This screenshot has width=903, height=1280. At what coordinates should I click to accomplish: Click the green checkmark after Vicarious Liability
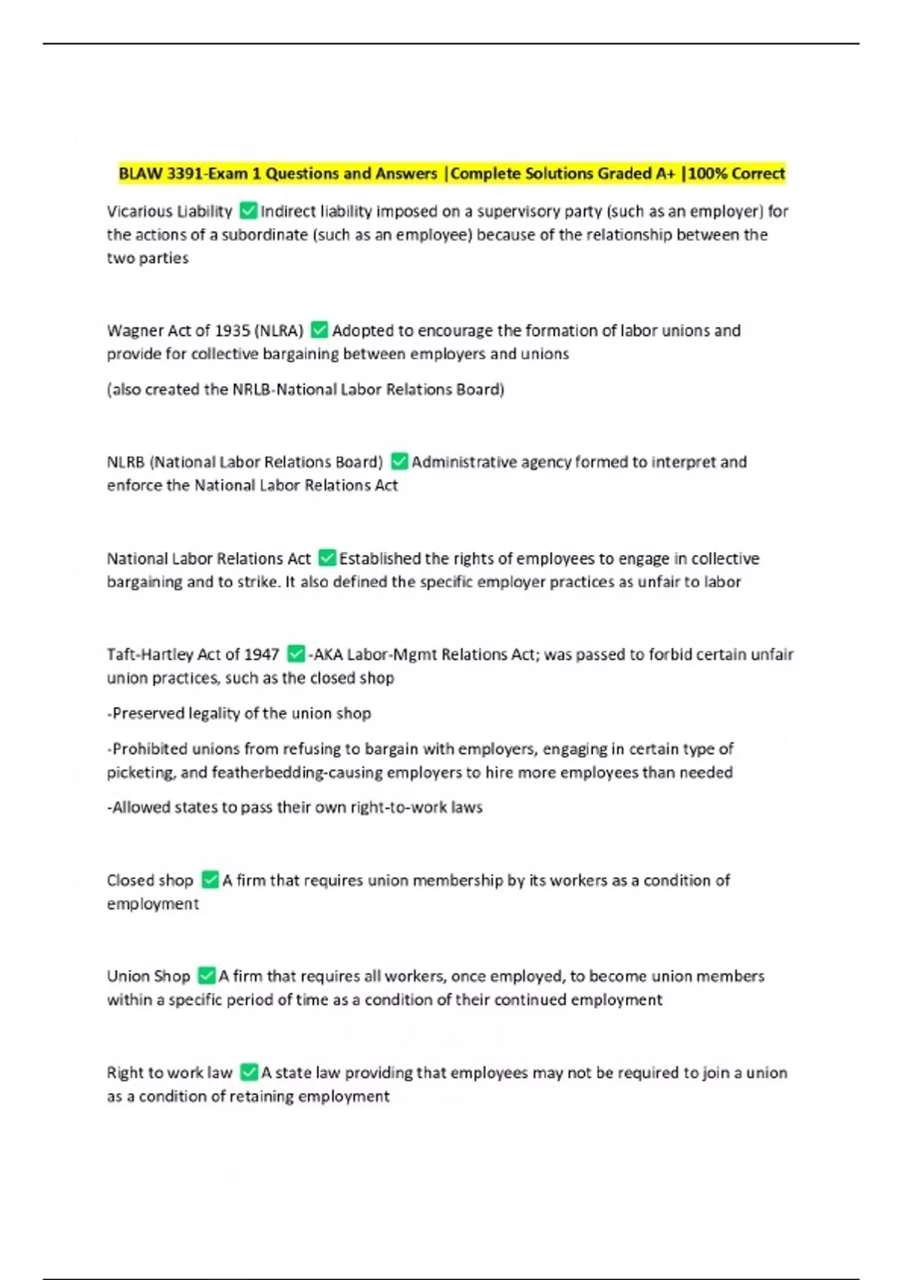coord(248,211)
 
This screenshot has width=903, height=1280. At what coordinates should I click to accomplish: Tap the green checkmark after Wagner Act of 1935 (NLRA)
coord(319,330)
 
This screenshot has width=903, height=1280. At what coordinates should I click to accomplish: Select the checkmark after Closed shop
coord(210,879)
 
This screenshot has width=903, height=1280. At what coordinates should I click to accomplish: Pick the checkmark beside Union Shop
coord(206,976)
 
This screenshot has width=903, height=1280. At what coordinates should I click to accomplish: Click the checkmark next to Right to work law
coord(248,1072)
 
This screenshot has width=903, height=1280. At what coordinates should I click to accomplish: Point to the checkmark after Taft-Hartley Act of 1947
coord(296,654)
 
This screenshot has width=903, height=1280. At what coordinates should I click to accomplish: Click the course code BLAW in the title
coord(141,173)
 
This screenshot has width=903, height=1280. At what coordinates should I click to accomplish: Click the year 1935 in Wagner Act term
coord(233,331)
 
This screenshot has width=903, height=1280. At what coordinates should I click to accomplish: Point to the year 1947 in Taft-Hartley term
coord(261,654)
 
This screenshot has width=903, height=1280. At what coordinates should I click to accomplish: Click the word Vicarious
coord(138,212)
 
